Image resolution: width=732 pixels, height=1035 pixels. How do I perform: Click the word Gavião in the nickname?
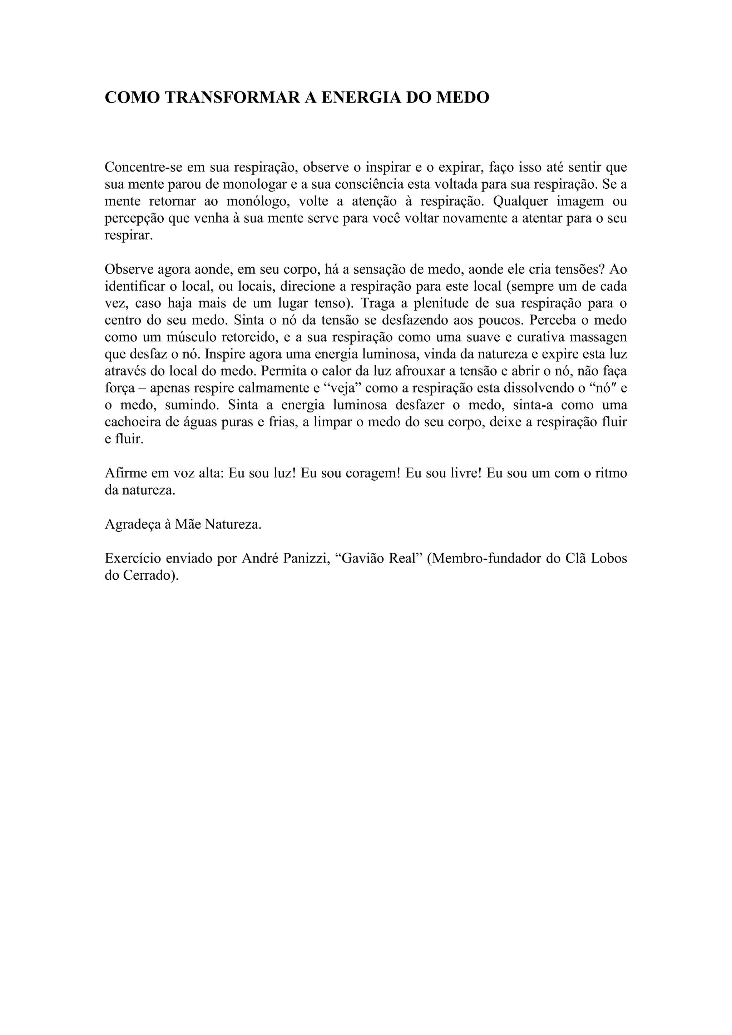pos(361,559)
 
